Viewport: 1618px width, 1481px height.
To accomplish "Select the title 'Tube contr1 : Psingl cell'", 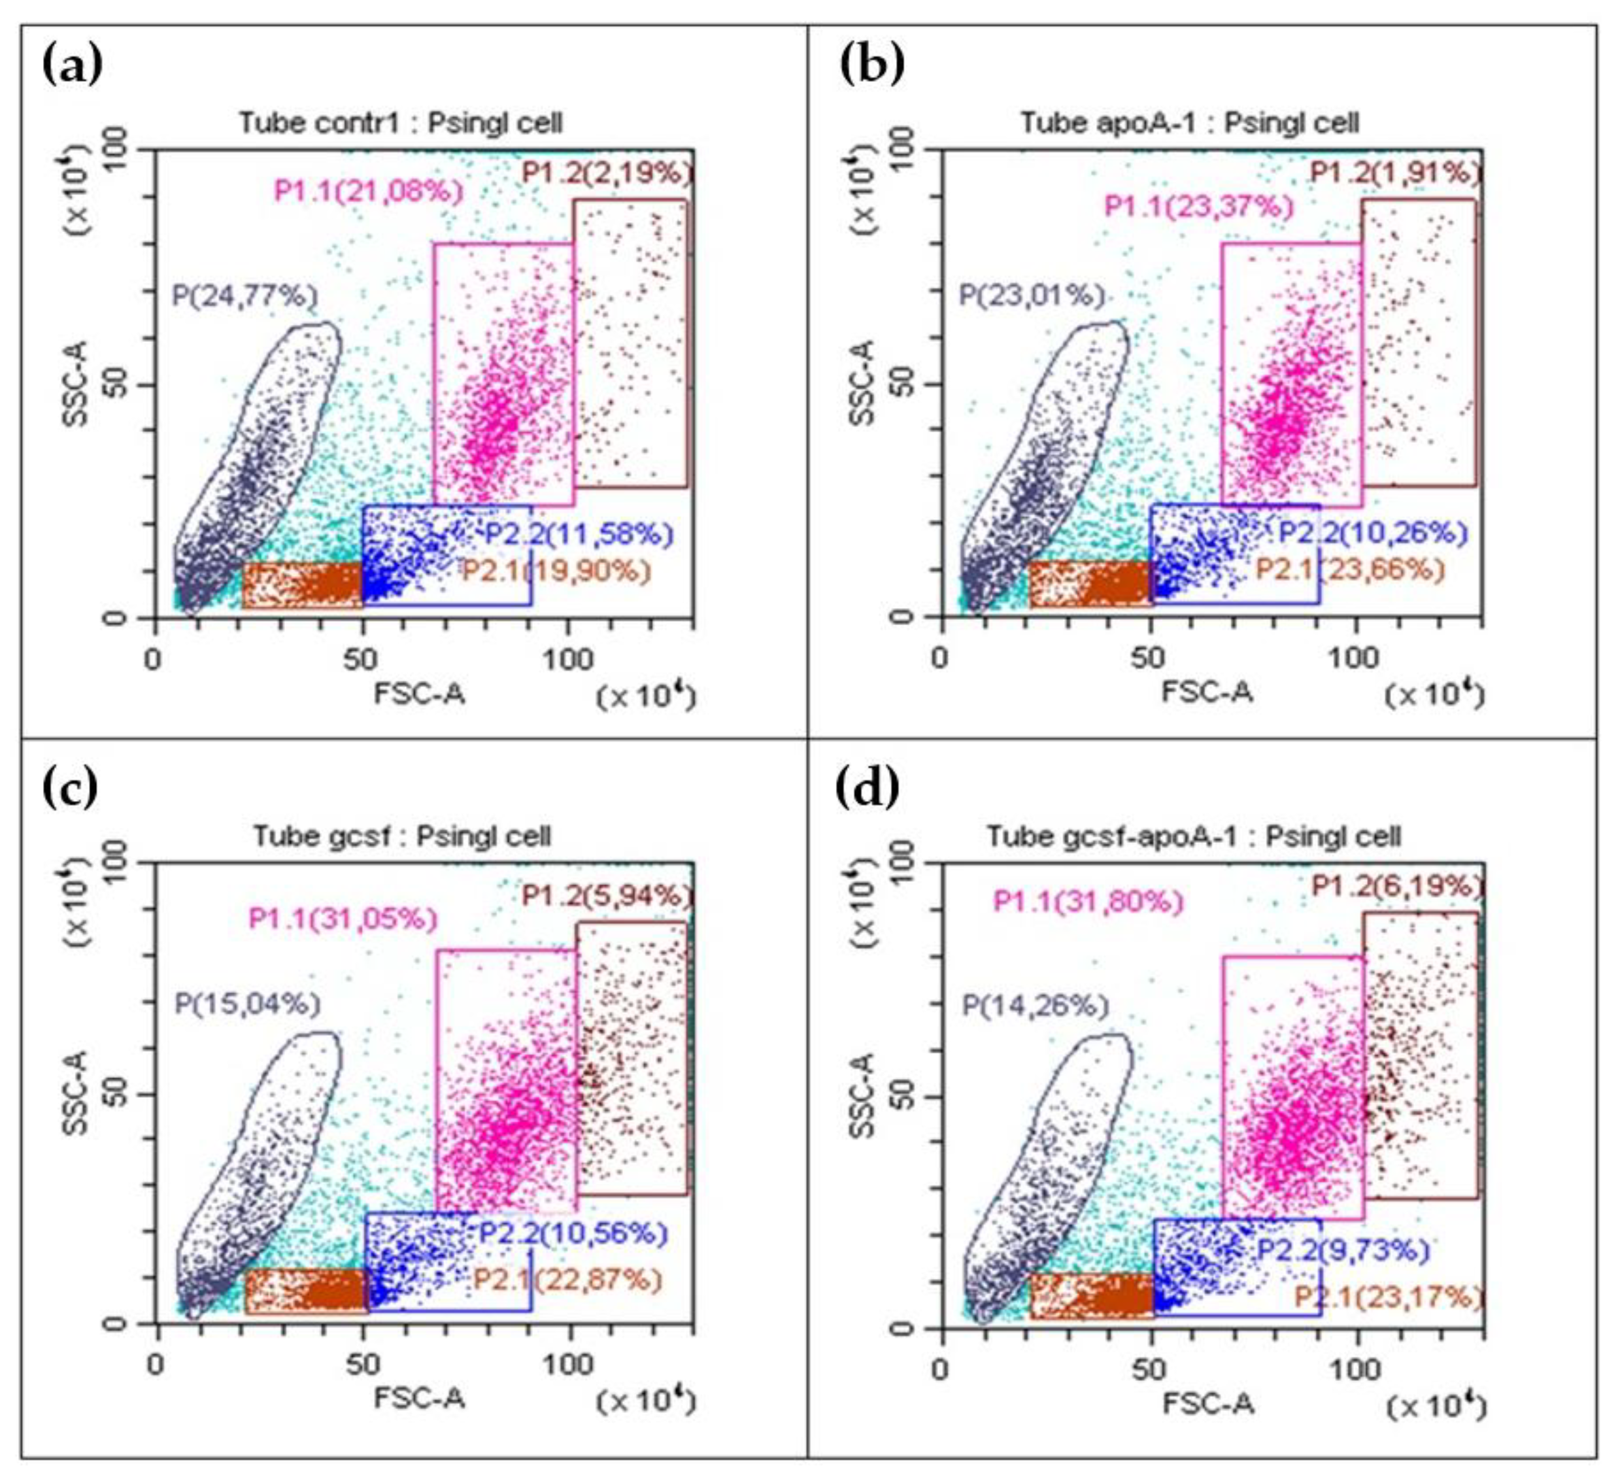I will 401,123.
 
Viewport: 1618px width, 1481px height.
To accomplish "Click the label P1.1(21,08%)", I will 369,191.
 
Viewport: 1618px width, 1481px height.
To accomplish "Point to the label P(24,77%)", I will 244,296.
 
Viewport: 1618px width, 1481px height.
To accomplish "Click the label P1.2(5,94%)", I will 606,895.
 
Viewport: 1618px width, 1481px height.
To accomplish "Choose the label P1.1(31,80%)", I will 1088,902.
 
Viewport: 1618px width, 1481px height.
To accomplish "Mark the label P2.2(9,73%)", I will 1343,1250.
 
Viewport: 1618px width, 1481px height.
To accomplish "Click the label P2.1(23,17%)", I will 1389,1297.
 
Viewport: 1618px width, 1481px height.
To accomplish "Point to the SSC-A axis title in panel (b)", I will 863,384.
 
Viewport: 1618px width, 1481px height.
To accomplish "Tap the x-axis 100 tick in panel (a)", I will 568,660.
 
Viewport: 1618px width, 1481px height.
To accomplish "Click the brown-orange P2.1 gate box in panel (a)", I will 302,585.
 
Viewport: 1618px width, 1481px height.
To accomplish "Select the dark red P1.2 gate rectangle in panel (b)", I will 1419,343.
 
